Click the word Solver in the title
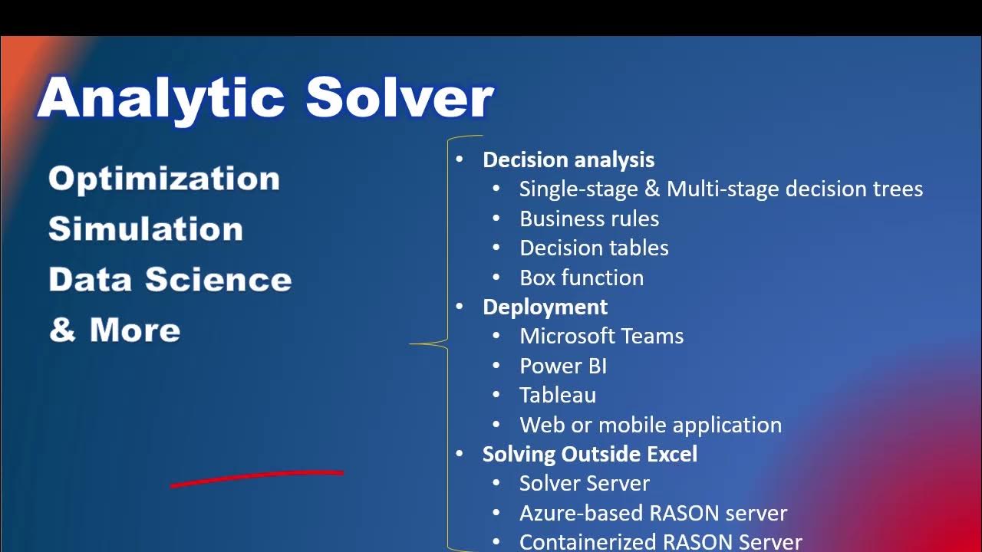click(x=399, y=97)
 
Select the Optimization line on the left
click(x=163, y=179)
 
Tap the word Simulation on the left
click(x=145, y=229)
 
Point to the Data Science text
click(x=170, y=279)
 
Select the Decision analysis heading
click(x=568, y=159)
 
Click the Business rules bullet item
click(x=588, y=219)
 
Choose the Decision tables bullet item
click(x=594, y=248)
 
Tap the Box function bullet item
click(x=581, y=278)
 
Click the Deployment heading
click(x=545, y=307)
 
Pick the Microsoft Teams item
click(x=601, y=336)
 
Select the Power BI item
click(x=562, y=366)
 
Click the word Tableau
click(x=557, y=395)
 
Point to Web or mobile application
click(x=650, y=425)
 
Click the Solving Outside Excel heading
click(x=589, y=454)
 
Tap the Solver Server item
click(x=584, y=483)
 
